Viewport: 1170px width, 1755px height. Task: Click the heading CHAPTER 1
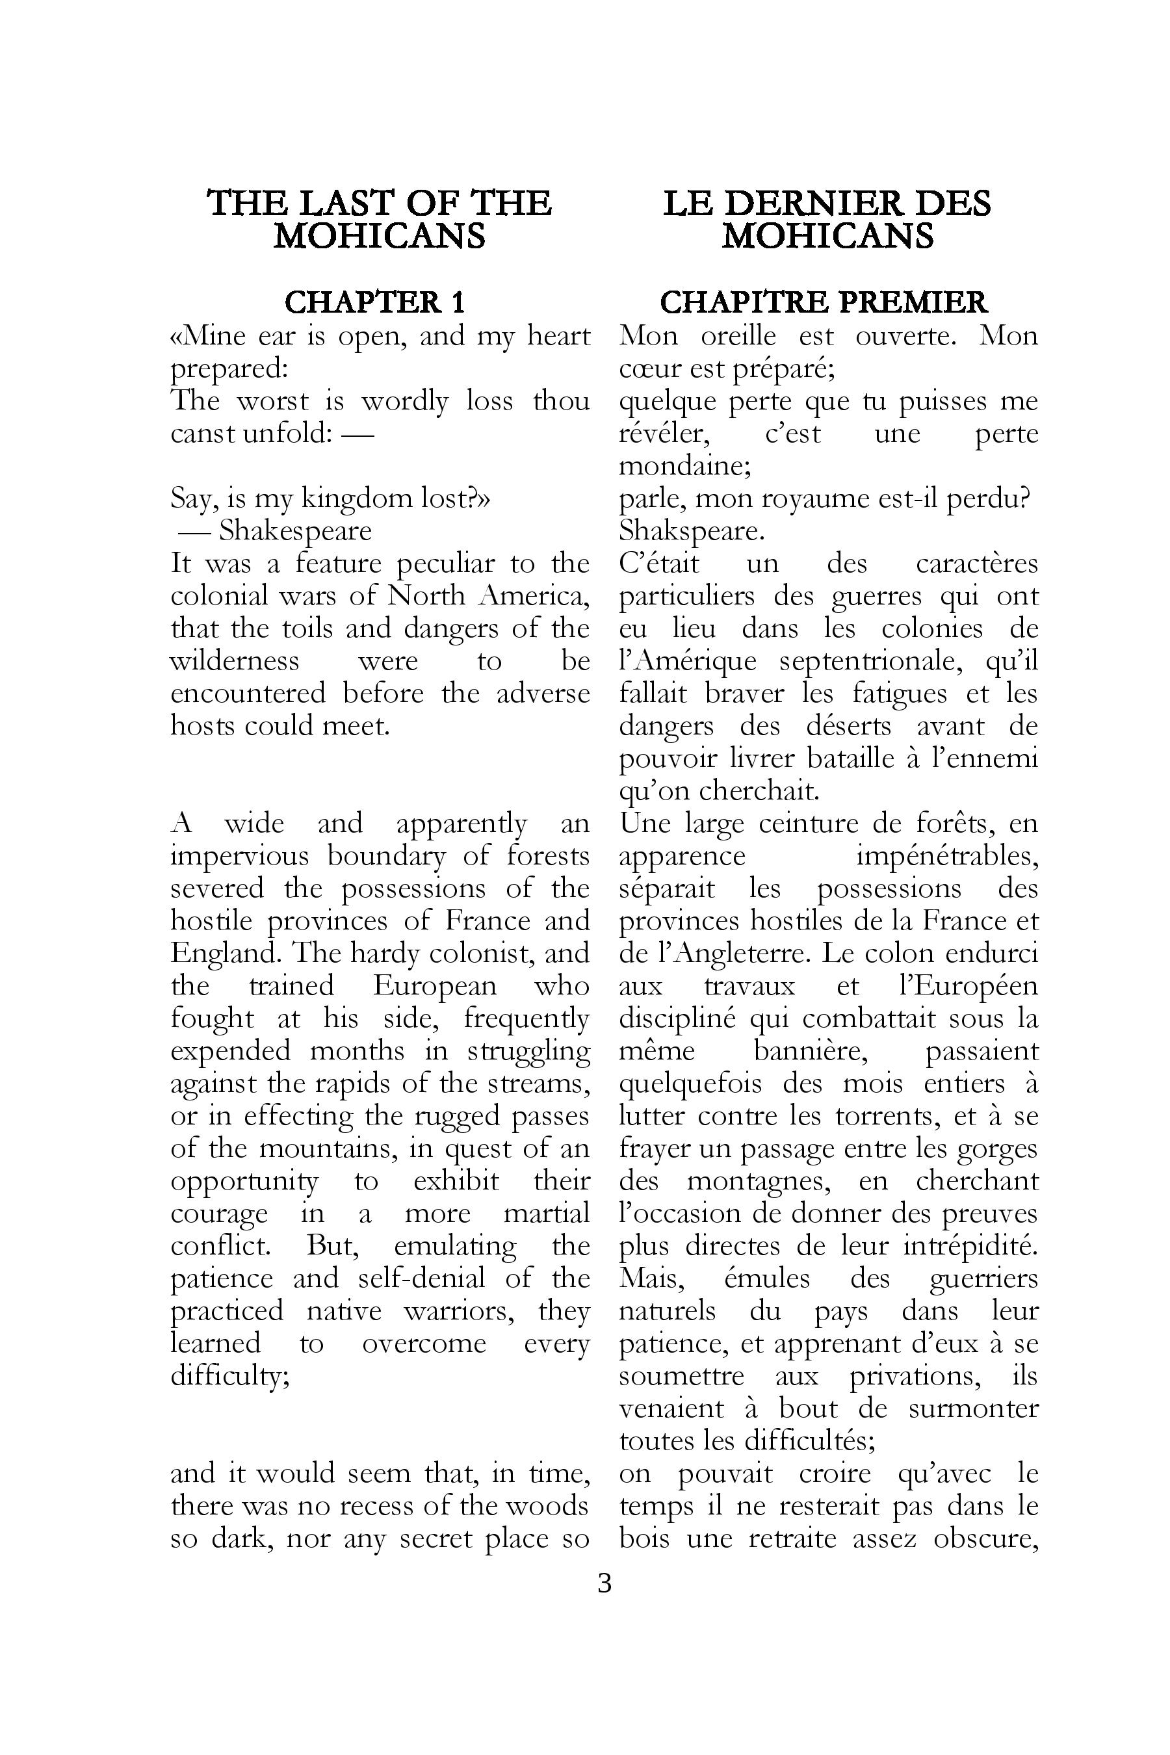pos(374,302)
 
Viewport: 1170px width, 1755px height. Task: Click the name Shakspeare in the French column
pos(692,530)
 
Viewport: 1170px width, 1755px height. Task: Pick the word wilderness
pos(235,660)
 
